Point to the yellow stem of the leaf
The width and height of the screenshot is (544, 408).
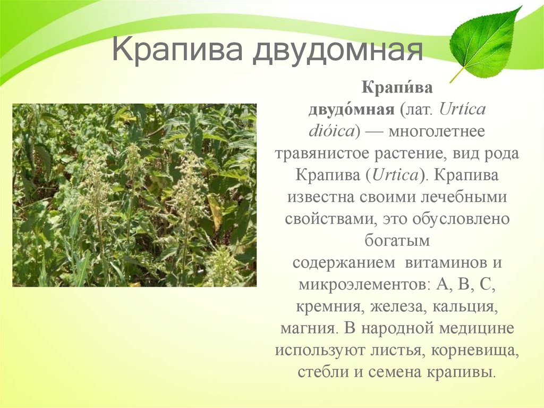[x=457, y=74]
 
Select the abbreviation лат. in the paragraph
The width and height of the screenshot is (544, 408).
[x=417, y=110]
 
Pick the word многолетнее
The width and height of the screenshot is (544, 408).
[x=437, y=132]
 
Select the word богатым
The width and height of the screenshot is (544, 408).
[x=397, y=241]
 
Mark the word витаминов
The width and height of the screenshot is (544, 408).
[x=446, y=262]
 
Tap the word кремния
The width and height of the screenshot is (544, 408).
[x=330, y=307]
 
